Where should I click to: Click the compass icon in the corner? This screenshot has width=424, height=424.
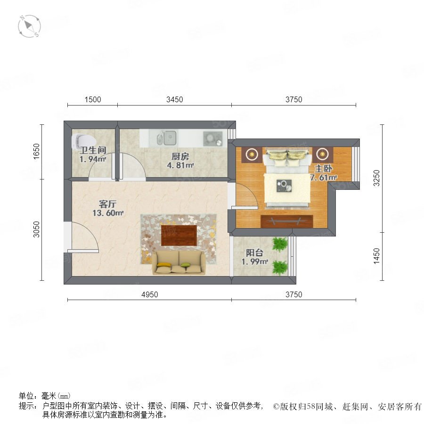pyautogui.click(x=29, y=26)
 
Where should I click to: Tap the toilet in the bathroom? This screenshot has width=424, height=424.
pyautogui.click(x=83, y=142)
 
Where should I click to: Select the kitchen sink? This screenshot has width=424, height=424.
pyautogui.click(x=167, y=138)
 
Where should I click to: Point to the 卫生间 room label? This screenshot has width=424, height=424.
pyautogui.click(x=93, y=150)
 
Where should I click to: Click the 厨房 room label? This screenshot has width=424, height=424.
pyautogui.click(x=180, y=156)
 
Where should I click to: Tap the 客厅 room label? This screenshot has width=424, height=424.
pyautogui.click(x=107, y=204)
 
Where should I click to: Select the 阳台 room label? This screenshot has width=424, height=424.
pyautogui.click(x=254, y=253)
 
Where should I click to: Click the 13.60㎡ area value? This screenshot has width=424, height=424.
pyautogui.click(x=108, y=213)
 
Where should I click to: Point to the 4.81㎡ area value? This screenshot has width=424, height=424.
pyautogui.click(x=180, y=165)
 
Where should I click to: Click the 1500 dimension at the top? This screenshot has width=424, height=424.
pyautogui.click(x=93, y=99)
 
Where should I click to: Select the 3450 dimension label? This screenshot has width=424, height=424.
pyautogui.click(x=174, y=99)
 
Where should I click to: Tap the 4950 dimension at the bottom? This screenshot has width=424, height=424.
pyautogui.click(x=149, y=294)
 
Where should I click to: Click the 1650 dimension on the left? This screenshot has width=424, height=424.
pyautogui.click(x=36, y=151)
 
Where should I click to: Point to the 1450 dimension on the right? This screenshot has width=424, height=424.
pyautogui.click(x=376, y=256)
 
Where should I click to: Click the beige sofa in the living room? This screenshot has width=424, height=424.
pyautogui.click(x=179, y=262)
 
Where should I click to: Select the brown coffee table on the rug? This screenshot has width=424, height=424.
pyautogui.click(x=179, y=235)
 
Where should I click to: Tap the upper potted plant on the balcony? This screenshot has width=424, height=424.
pyautogui.click(x=279, y=244)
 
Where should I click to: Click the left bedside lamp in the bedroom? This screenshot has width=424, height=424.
pyautogui.click(x=252, y=155)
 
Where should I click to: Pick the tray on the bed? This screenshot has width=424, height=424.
pyautogui.click(x=284, y=186)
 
